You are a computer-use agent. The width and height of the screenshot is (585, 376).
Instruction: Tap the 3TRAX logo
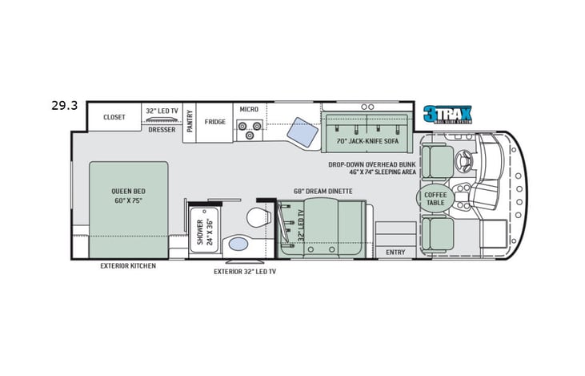pyautogui.click(x=448, y=114)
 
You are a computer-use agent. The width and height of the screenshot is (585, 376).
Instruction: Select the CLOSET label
pyautogui.click(x=114, y=117)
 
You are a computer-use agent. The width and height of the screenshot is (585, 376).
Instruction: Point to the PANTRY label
pyautogui.click(x=190, y=121)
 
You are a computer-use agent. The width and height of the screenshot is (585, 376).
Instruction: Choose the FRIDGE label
pyautogui.click(x=214, y=122)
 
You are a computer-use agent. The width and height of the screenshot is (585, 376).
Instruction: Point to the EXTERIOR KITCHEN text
pyautogui.click(x=128, y=265)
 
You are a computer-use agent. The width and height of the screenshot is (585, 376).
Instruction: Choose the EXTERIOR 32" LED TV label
pyautogui.click(x=244, y=271)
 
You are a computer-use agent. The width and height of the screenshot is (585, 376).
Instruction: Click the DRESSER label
pyautogui.click(x=162, y=129)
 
